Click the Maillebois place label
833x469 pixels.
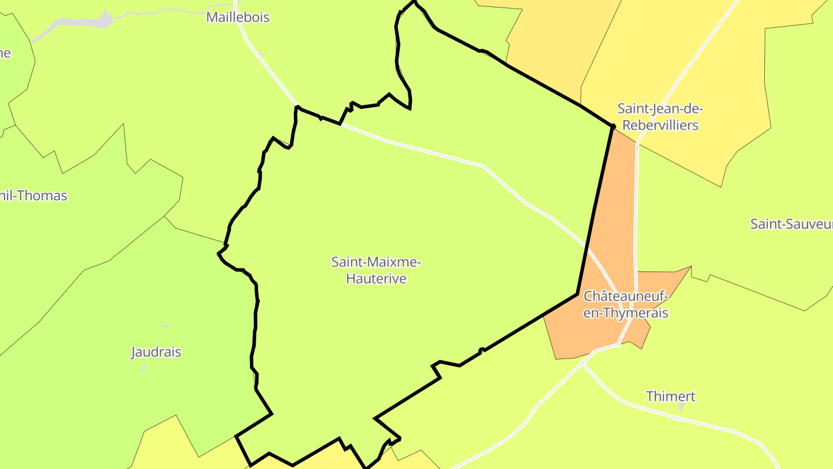pos(238,17)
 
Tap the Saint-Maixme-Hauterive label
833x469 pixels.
pos(376,270)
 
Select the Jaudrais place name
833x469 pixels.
pos(156,352)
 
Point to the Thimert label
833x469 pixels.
pos(670,397)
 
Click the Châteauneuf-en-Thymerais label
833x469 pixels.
pos(626,305)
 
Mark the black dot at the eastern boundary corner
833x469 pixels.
pos(613,126)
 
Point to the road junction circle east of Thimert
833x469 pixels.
pos(677,418)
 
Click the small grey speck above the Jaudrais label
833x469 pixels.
pos(165,327)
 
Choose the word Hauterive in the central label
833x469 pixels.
pos(376,279)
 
